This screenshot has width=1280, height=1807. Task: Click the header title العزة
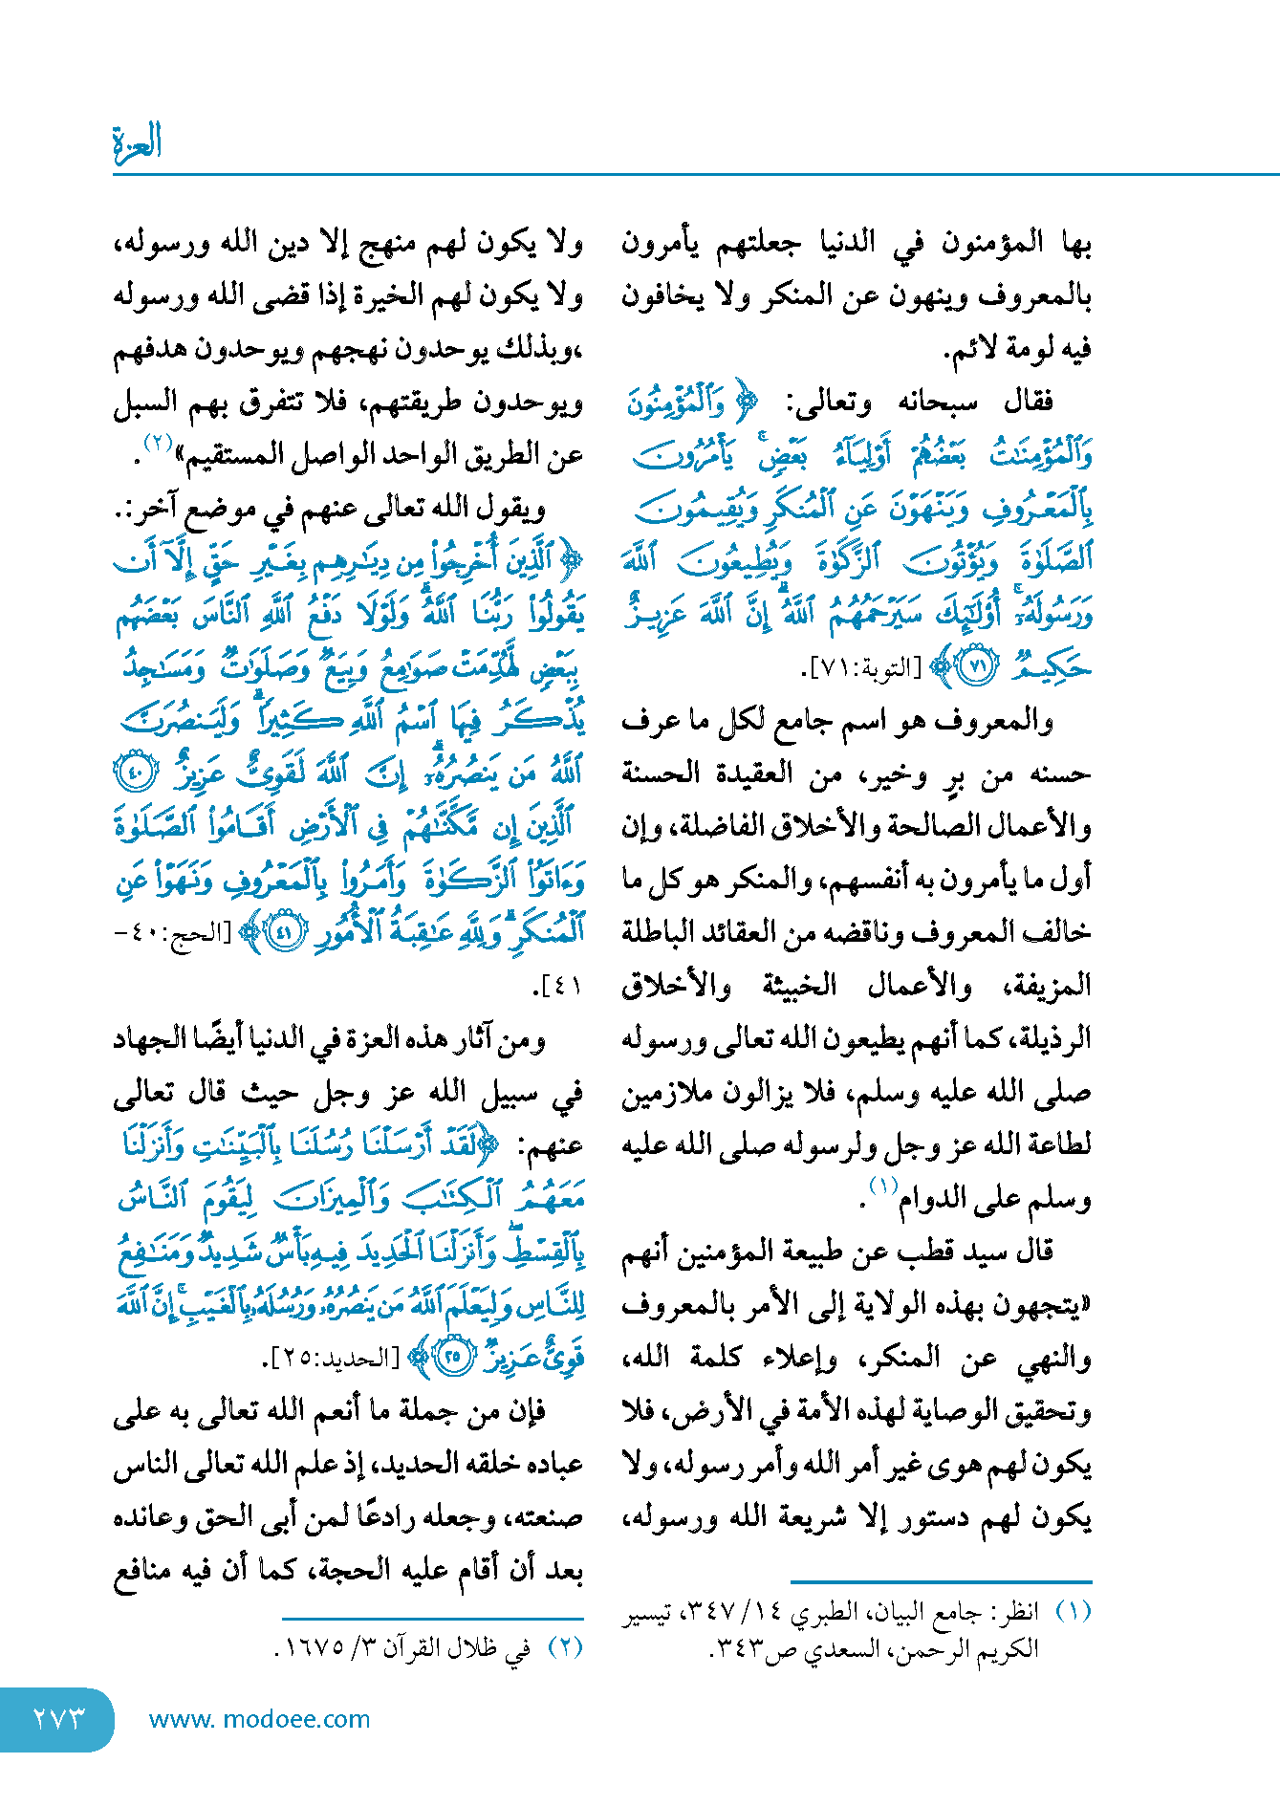tap(137, 143)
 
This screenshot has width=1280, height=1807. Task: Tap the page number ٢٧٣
tap(59, 1718)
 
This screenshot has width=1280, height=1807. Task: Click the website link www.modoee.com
tap(259, 1719)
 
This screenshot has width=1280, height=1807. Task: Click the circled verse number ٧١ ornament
tap(977, 666)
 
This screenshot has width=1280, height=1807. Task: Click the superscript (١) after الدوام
tap(881, 1186)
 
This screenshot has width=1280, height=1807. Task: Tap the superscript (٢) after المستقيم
tap(157, 442)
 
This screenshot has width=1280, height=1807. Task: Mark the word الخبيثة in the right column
tap(799, 986)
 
